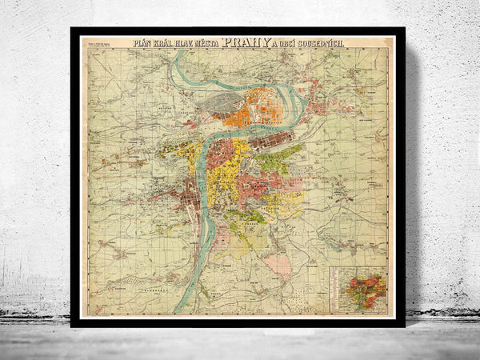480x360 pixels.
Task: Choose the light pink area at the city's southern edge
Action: pos(277,264)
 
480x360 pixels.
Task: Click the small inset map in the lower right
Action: pos(358,289)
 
